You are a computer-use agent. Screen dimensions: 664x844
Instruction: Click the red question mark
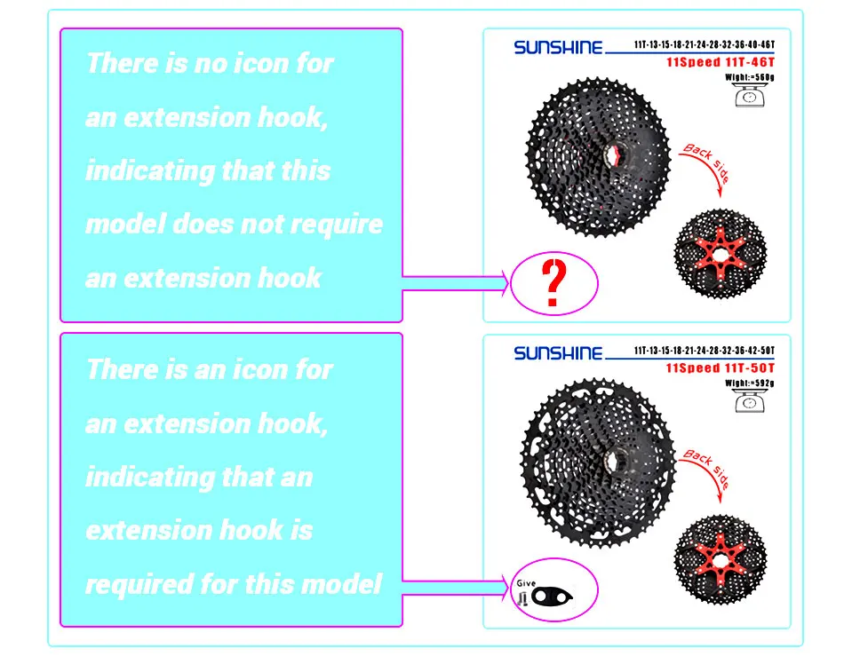(554, 283)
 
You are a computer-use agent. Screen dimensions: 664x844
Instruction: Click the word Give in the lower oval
(526, 582)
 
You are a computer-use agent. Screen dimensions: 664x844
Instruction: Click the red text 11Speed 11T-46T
(721, 63)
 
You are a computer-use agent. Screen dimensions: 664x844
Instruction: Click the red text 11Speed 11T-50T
(721, 368)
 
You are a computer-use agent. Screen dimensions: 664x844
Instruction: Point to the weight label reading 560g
(751, 78)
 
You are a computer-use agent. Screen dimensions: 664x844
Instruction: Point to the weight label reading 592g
(751, 383)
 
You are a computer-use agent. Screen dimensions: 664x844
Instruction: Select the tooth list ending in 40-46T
(705, 44)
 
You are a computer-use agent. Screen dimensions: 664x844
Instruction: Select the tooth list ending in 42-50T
(705, 351)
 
